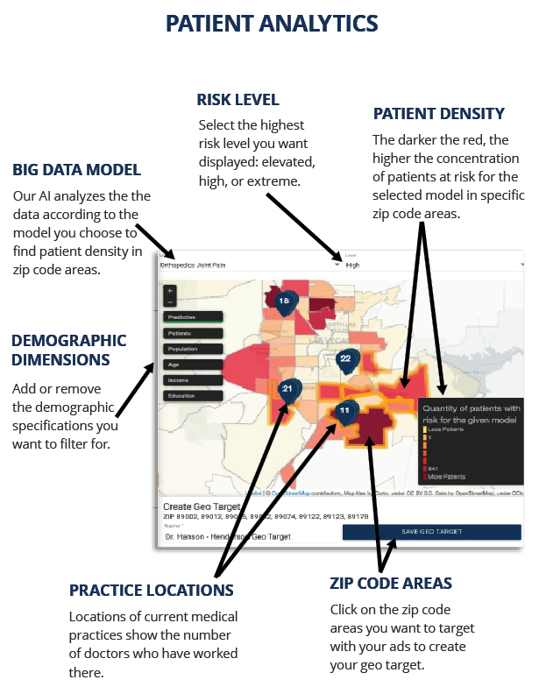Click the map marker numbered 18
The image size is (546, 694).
point(284,301)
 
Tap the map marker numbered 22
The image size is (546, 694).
point(345,359)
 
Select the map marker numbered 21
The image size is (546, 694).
point(287,388)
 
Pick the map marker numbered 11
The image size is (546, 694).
point(345,410)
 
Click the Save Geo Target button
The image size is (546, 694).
point(431,532)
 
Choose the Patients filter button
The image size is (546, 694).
point(192,333)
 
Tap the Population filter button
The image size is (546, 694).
point(192,349)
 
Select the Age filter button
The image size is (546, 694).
point(192,365)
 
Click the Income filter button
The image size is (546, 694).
point(192,380)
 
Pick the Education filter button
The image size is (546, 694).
point(192,396)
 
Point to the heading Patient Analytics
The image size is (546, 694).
point(273,23)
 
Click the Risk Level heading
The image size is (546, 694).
point(238,99)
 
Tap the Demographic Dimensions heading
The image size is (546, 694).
point(70,350)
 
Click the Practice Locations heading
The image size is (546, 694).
point(152,590)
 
